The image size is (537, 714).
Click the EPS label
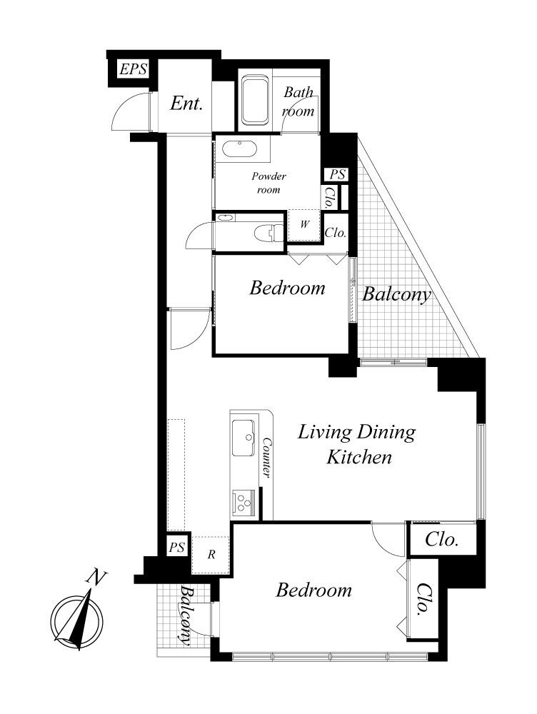133,69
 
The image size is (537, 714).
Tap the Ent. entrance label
186,104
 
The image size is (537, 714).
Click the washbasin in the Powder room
241,149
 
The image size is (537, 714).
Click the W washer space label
304,224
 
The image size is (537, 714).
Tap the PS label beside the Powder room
338,174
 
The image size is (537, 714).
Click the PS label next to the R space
176,547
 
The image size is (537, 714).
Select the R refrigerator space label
211,554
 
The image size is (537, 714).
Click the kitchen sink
244,438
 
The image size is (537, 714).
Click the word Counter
267,458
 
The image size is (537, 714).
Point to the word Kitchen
359,457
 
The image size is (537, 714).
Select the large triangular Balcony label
396,295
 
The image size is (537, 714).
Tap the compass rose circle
77,620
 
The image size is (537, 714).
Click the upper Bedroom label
287,288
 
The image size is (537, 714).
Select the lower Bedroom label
313,590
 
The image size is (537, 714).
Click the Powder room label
268,183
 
